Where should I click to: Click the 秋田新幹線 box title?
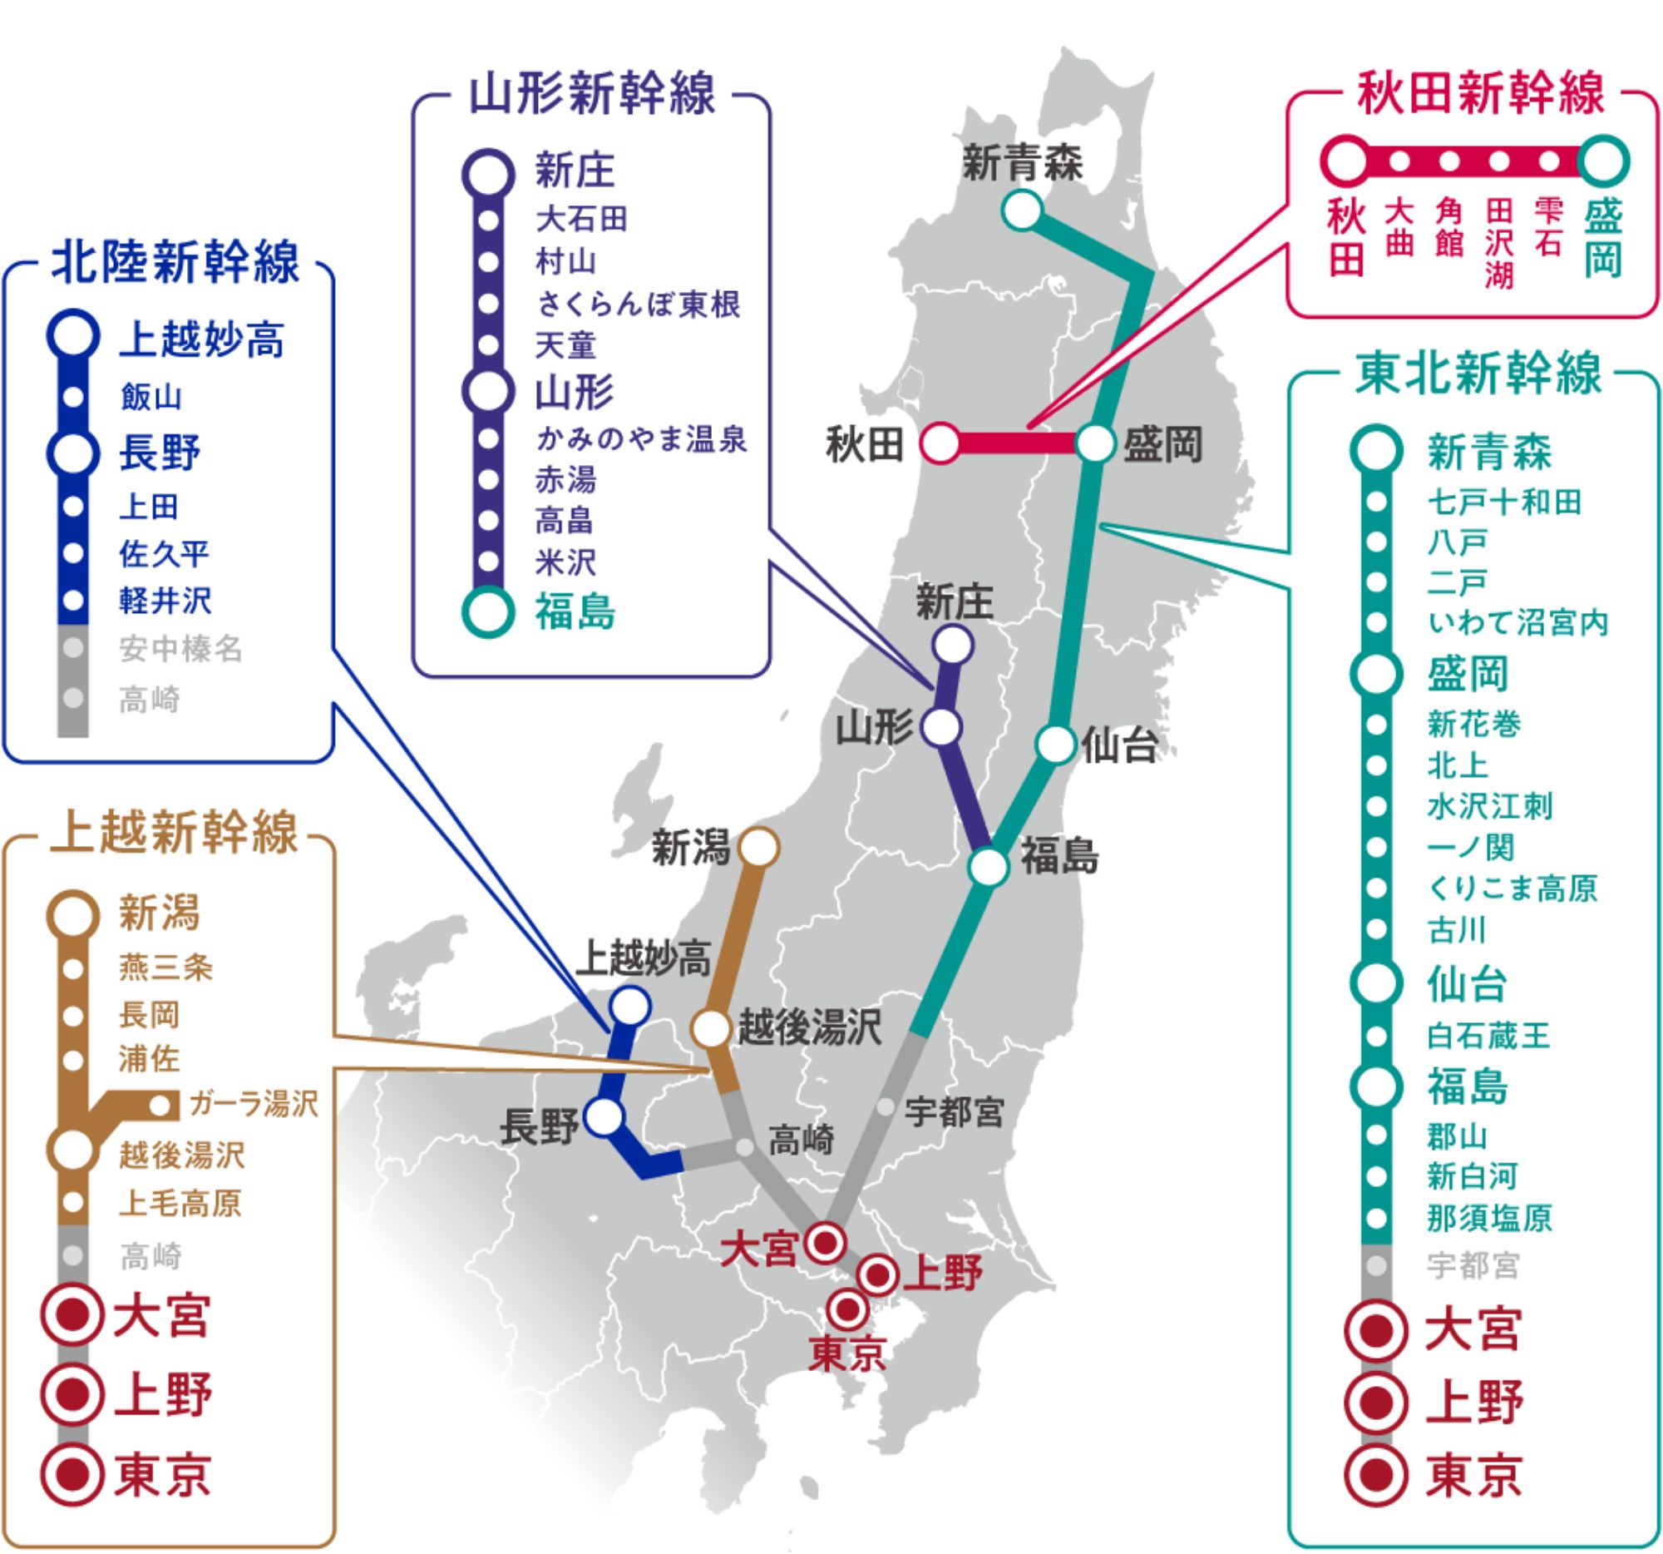click(1480, 92)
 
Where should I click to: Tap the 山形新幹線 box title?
click(591, 93)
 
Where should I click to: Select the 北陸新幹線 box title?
click(175, 261)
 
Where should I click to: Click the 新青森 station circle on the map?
click(1021, 210)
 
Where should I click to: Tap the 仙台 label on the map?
click(1119, 744)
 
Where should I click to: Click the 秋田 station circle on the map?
click(940, 443)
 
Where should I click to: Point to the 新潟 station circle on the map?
click(759, 848)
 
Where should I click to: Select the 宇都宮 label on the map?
click(954, 1112)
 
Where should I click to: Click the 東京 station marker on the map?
click(847, 1307)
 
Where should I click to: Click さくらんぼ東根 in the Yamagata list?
click(639, 304)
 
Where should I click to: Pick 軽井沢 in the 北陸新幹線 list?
click(165, 601)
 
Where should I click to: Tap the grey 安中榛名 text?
click(180, 649)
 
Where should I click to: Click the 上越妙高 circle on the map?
click(630, 1005)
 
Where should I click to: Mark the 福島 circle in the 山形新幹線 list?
click(488, 612)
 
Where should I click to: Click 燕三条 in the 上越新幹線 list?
click(165, 968)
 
